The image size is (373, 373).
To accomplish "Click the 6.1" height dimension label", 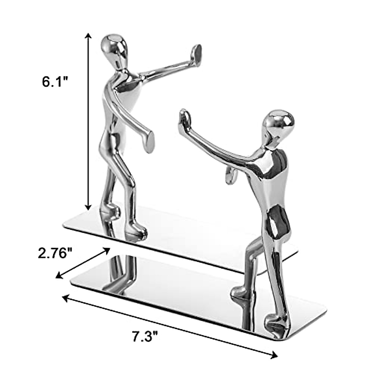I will coord(55,82).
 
